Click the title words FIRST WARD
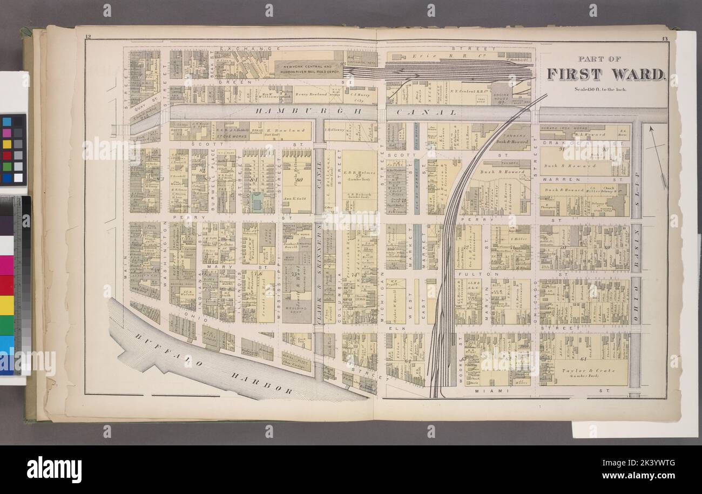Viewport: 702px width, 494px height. pyautogui.click(x=605, y=74)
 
